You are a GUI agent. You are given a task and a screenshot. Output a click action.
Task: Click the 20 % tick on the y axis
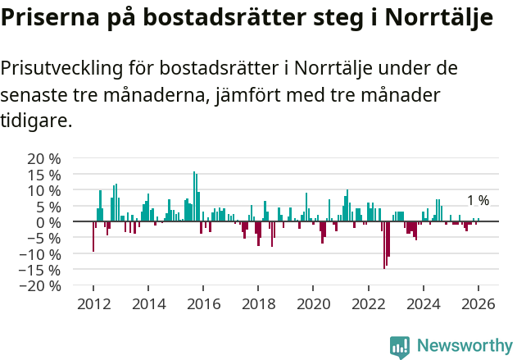click(x=43, y=158)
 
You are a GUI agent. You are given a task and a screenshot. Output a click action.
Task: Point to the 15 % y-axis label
click(x=43, y=175)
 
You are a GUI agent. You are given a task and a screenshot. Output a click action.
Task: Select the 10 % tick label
click(x=43, y=190)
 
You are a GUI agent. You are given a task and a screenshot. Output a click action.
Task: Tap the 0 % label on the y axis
click(x=49, y=222)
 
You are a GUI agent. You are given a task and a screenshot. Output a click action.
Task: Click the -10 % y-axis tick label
click(x=41, y=254)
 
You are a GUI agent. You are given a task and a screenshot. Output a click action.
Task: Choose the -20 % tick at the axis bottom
click(x=41, y=286)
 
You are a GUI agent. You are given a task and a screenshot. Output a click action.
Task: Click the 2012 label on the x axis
click(x=93, y=304)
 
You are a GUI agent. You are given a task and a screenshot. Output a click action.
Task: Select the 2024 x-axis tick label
click(x=424, y=304)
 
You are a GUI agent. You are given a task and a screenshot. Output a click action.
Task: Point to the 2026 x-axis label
click(x=478, y=304)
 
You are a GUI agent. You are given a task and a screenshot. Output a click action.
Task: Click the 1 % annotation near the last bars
click(x=478, y=201)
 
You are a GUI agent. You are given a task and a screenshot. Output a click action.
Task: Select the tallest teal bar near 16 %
click(x=194, y=197)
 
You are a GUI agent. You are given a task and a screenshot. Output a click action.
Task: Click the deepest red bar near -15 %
click(x=384, y=245)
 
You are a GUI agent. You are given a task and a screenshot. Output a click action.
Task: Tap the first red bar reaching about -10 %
click(x=93, y=237)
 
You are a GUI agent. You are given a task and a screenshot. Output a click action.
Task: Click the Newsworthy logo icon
click(x=400, y=346)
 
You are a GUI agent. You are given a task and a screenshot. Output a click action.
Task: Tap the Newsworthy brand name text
click(x=464, y=346)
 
